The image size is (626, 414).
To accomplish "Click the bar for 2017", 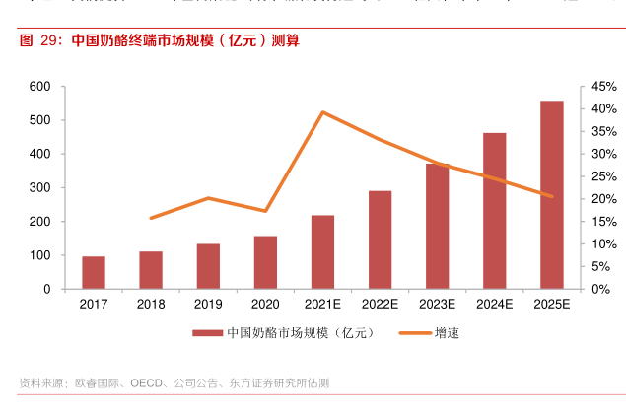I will pyautogui.click(x=94, y=272).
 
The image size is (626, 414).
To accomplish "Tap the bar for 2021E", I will pyautogui.click(x=322, y=251).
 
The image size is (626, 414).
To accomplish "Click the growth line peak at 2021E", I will pyautogui.click(x=322, y=112).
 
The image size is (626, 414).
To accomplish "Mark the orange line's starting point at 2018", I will pyautogui.click(x=151, y=218).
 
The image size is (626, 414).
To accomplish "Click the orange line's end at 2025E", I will pyautogui.click(x=552, y=196).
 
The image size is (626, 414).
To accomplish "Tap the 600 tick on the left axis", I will pyautogui.click(x=39, y=87).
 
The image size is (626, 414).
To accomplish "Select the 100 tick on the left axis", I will pyautogui.click(x=39, y=255).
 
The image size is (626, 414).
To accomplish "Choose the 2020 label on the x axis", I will pyautogui.click(x=265, y=305).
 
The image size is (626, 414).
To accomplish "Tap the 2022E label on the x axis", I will pyautogui.click(x=380, y=305).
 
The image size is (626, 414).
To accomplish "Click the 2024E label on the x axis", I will pyautogui.click(x=495, y=305).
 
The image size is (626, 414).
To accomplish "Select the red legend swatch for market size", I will pyautogui.click(x=207, y=333).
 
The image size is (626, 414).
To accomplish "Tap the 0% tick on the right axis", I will pyautogui.click(x=600, y=289).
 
